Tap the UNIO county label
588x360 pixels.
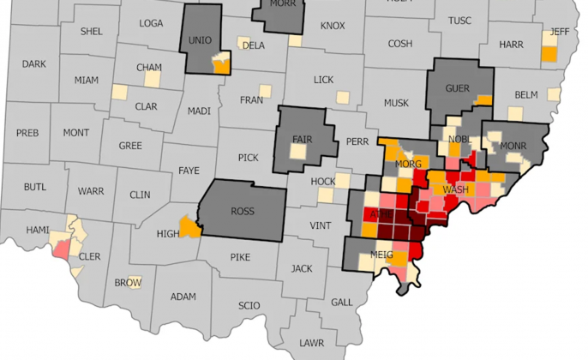(200, 40)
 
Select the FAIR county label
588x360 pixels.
(303, 139)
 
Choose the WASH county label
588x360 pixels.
(454, 189)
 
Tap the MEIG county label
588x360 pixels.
(382, 255)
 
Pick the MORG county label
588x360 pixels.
(408, 163)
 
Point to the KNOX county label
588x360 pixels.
(332, 26)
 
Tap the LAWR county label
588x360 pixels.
(312, 342)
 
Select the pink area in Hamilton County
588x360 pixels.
(63, 249)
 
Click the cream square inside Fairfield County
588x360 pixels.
(297, 152)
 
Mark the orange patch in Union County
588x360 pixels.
(221, 65)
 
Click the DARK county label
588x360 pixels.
(34, 63)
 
